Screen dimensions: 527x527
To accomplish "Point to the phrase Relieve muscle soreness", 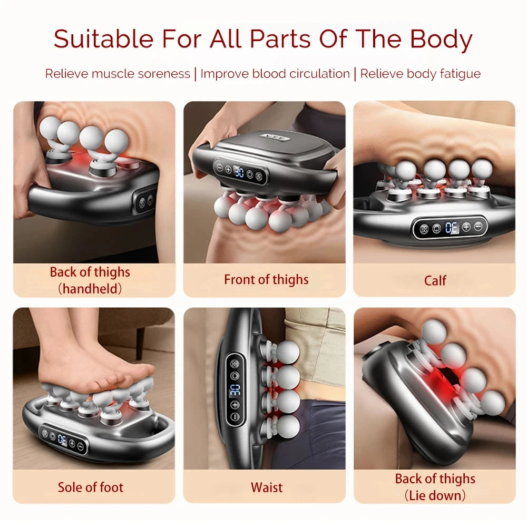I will tap(117, 74).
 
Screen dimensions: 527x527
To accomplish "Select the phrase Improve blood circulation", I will tap(275, 74).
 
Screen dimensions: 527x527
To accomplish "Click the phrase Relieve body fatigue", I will tap(420, 74).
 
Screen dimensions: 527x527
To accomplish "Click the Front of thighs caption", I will tap(266, 279).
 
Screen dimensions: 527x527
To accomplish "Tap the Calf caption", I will tap(435, 280).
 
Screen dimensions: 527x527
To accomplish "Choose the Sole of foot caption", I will tap(91, 487).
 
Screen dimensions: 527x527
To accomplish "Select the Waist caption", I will tap(267, 487).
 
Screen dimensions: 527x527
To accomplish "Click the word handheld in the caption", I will tap(90, 288).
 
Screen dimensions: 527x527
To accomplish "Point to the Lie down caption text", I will tap(435, 495).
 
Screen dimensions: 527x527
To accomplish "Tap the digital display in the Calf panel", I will tap(452, 228).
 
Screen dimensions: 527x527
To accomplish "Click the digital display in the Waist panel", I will tap(235, 389).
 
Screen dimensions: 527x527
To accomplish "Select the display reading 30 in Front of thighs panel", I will tap(239, 172).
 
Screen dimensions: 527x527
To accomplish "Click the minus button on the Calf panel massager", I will tap(478, 227).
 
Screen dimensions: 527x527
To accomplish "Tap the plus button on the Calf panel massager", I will tap(466, 228).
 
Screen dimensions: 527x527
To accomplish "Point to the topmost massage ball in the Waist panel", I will tap(288, 351).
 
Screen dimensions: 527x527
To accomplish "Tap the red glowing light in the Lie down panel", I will tap(442, 379).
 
